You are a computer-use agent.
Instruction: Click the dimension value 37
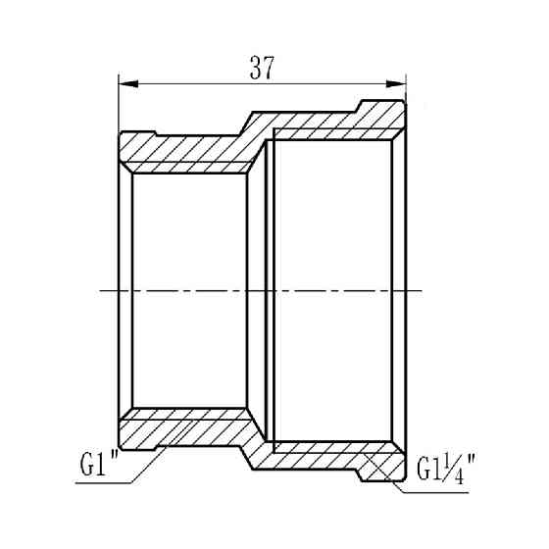tap(261, 67)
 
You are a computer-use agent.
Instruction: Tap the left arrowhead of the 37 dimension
tap(125, 83)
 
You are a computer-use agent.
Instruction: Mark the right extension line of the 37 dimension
tap(406, 88)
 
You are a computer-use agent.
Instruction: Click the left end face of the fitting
tap(119, 290)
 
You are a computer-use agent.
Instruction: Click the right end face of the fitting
tap(405, 290)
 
